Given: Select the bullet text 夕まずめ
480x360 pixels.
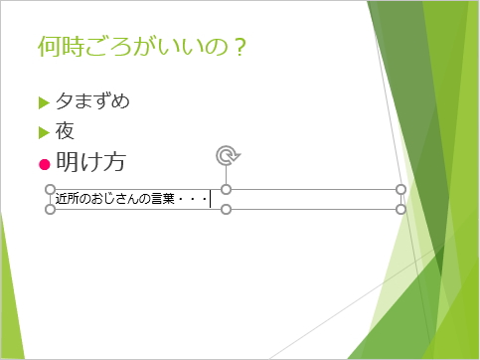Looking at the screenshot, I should point(92,100).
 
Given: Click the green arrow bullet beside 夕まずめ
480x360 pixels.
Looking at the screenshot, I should point(43,101).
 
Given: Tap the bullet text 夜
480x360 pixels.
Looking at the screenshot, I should point(66,130).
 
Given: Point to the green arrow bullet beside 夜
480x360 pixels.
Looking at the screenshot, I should point(43,131).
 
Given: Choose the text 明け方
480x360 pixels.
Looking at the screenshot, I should point(90,161).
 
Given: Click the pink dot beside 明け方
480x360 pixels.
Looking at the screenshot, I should point(43,162).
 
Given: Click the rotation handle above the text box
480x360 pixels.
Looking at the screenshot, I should point(227,154).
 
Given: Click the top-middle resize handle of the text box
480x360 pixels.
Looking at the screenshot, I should point(226,189).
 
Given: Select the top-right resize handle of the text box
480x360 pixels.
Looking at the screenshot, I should point(401,189).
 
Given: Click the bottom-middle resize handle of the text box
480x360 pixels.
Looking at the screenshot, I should point(226,210).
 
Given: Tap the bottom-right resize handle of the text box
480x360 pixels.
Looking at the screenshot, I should point(401,210).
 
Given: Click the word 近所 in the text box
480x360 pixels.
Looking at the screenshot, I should point(68,200).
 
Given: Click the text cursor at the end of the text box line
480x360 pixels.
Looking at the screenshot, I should point(211,200).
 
